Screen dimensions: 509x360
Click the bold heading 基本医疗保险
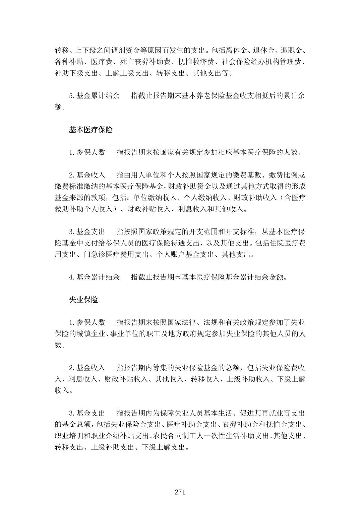91,130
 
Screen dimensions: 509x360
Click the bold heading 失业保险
83,300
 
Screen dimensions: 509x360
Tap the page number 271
180,492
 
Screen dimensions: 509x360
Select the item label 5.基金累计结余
94,96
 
